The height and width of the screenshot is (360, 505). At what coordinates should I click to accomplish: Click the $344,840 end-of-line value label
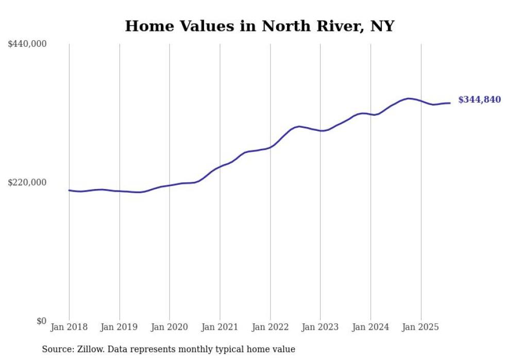click(479, 100)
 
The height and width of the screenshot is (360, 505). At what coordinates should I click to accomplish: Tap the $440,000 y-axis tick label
click(27, 44)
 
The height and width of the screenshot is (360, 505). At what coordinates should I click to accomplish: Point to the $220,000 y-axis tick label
click(27, 182)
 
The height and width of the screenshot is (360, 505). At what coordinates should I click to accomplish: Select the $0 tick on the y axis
click(41, 321)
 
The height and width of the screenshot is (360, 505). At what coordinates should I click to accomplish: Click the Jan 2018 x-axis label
click(69, 327)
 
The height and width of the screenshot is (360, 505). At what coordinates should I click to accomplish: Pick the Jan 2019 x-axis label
click(120, 327)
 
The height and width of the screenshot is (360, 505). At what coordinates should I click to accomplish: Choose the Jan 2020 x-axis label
click(170, 327)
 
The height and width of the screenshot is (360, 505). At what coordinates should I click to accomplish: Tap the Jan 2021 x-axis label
click(220, 327)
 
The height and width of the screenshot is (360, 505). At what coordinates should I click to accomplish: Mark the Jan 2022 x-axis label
click(270, 327)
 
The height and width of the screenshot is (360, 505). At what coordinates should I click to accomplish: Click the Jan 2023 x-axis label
click(320, 327)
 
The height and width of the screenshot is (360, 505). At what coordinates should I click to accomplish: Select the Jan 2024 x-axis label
click(371, 327)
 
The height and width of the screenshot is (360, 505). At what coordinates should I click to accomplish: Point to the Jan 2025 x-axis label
click(421, 327)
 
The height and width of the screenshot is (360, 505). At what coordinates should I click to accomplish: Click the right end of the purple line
click(450, 103)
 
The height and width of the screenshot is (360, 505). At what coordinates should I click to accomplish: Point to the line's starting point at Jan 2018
click(69, 190)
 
